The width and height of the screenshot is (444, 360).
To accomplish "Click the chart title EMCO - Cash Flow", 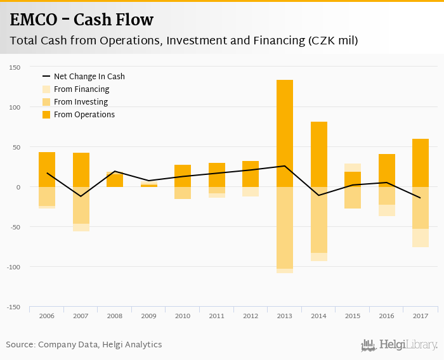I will click(81, 20).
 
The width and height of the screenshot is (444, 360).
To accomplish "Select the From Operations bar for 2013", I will click(285, 133).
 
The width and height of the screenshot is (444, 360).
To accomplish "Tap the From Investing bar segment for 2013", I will click(285, 228).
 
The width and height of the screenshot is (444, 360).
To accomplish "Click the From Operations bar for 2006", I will click(47, 169).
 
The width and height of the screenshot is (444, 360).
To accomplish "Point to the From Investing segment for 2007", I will click(81, 205).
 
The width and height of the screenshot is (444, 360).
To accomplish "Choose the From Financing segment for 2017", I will click(421, 238).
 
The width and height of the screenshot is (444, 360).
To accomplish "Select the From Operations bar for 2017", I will click(421, 163).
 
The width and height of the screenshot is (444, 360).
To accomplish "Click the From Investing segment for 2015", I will click(353, 198).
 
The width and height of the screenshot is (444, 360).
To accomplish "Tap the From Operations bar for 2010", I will click(183, 176).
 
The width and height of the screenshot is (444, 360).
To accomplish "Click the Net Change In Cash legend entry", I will click(89, 77).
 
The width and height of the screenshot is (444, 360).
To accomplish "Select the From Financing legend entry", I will click(81, 89).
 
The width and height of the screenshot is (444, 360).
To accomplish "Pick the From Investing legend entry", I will click(81, 102).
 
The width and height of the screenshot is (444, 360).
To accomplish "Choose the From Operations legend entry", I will click(84, 115).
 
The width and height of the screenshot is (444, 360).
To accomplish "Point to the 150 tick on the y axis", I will click(15, 67).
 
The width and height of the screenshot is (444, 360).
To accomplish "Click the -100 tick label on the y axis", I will click(14, 267).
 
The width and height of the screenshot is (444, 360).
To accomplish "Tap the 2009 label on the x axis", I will click(148, 316).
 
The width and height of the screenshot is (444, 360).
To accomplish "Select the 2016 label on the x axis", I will click(386, 316).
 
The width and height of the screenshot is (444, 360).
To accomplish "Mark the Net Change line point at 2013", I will click(285, 166).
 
